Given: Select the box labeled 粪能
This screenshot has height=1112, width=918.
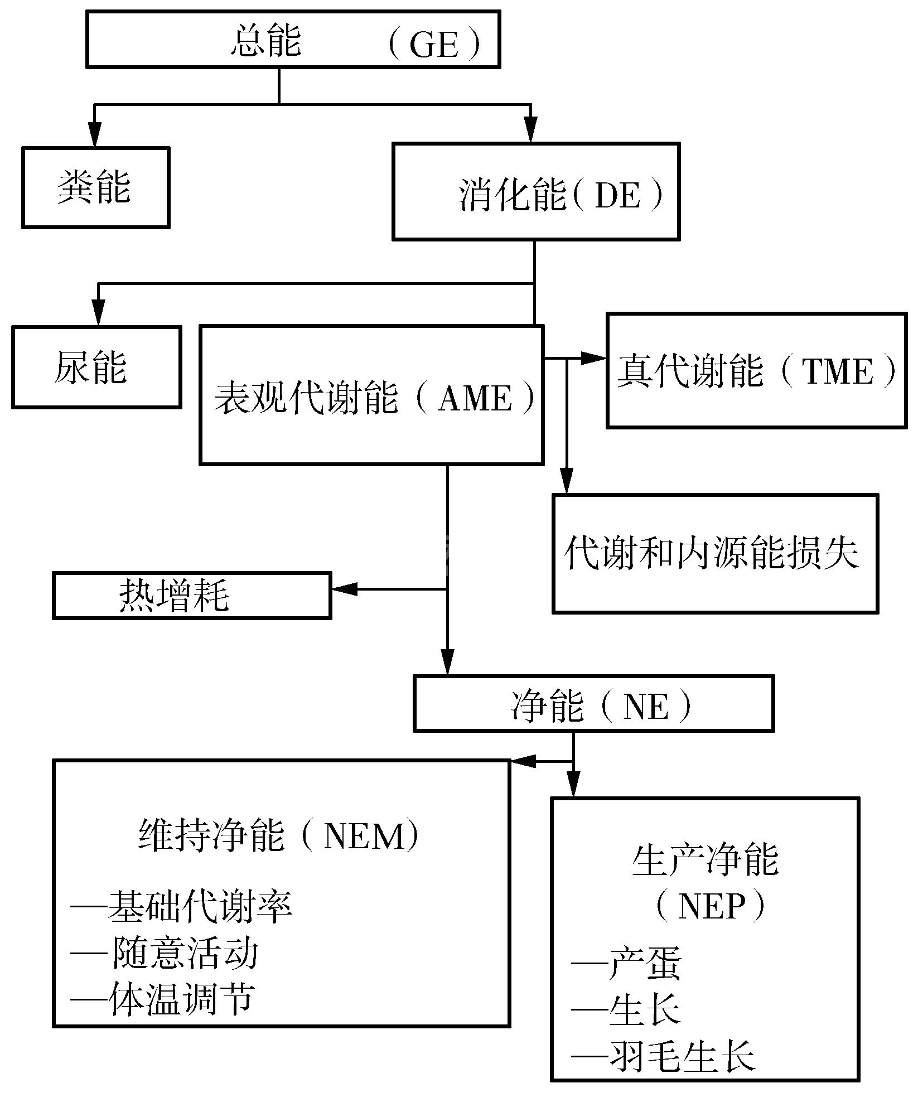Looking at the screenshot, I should [x=95, y=188].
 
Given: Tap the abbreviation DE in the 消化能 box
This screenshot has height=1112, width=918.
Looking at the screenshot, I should [x=617, y=195].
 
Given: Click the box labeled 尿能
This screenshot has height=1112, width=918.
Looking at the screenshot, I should [x=96, y=368].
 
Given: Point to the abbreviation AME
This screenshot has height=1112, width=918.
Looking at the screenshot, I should [x=475, y=398].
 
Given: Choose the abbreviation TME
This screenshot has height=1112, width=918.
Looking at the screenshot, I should [x=837, y=371].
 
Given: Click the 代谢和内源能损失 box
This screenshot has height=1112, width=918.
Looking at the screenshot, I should [x=714, y=553].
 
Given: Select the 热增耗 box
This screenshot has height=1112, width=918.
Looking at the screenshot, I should [x=191, y=596].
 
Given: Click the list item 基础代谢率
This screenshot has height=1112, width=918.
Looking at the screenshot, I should [x=199, y=907].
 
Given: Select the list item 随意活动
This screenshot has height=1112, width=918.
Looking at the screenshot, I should [x=185, y=953].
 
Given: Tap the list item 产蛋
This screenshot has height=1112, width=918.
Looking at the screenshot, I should [x=644, y=964].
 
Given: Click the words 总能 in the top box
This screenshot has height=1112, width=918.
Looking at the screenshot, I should [x=266, y=41].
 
